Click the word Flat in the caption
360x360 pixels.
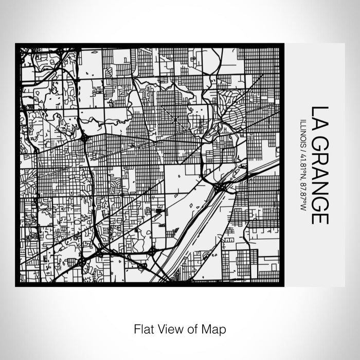(x=141, y=328)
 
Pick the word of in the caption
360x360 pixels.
(x=193, y=328)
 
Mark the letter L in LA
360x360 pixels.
(x=319, y=111)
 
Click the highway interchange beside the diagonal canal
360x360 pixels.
(x=220, y=187)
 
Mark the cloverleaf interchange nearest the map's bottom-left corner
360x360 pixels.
(x=82, y=262)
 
